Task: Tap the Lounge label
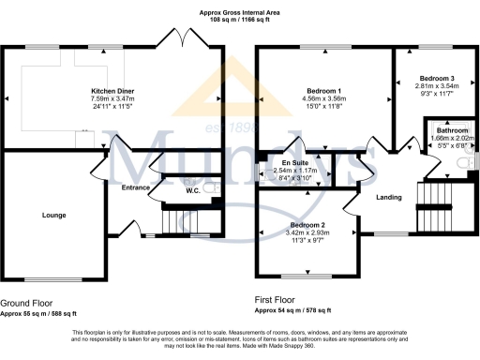pos(53,215)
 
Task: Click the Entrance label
pos(136,187)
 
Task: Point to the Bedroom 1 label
pos(324,90)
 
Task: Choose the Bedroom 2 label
pos(307,226)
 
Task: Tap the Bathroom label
pos(452,130)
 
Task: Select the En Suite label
pos(282,164)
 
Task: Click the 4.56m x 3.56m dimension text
pos(324,98)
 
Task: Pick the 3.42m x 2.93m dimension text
pos(307,234)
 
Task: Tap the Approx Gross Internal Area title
pos(239,11)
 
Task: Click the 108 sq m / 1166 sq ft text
pos(239,19)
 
